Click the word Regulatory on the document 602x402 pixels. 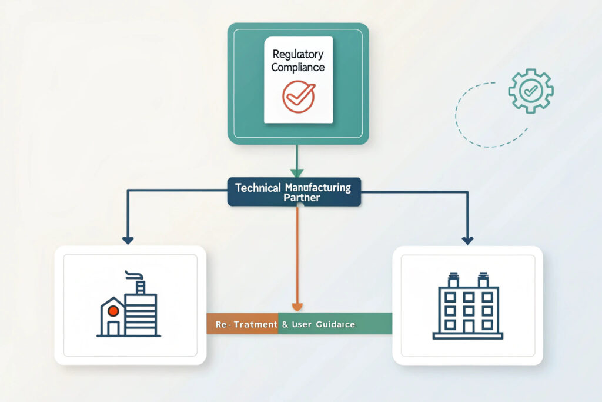click(298, 54)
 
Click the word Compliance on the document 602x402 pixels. click(298, 68)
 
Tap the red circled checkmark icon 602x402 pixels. click(298, 97)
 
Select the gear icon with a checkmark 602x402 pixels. click(530, 90)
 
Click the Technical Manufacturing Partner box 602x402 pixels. click(294, 192)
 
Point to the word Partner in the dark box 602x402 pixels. click(301, 198)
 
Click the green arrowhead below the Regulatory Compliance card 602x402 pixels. click(297, 173)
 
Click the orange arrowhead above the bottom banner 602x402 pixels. click(297, 307)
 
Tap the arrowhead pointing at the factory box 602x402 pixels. click(128, 240)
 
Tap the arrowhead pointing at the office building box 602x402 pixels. click(467, 240)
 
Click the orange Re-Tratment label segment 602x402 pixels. click(242, 324)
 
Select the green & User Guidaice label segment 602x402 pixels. click(335, 324)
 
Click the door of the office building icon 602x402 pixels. click(468, 325)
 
